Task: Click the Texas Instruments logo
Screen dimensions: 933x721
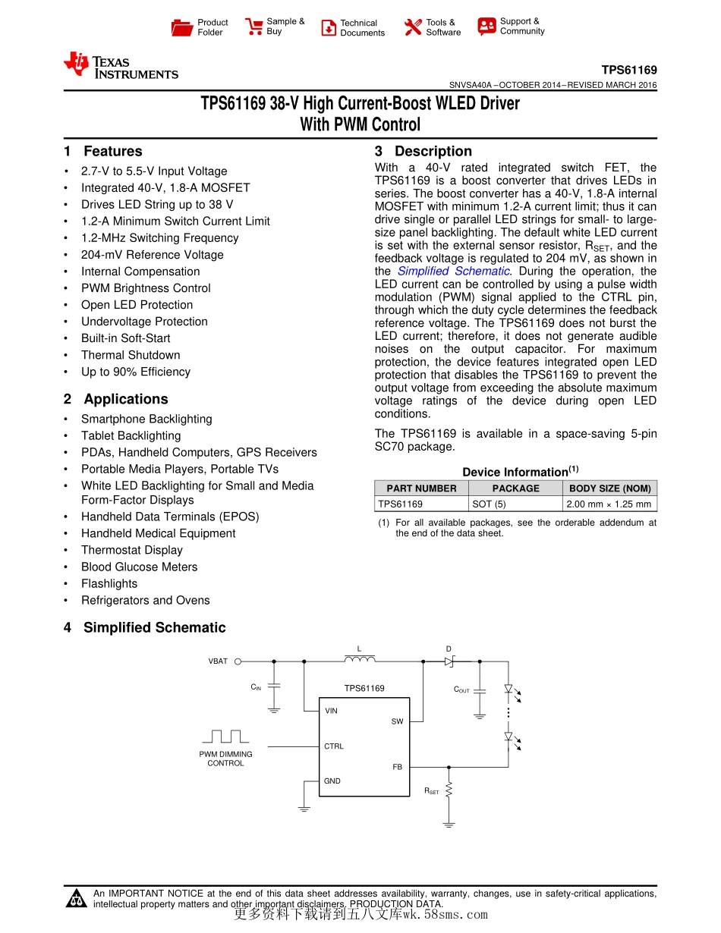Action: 121,65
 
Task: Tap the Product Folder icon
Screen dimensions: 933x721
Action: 182,28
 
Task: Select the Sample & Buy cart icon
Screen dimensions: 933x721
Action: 253,27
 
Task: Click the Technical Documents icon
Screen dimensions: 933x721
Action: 329,28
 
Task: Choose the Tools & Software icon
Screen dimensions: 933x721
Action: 413,27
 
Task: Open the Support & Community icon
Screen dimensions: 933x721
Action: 486,27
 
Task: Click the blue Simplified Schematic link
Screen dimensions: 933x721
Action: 454,272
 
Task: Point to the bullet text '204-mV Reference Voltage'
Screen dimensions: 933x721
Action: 153,255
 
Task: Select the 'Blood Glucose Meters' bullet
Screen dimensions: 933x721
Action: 140,567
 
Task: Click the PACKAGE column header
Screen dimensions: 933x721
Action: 515,488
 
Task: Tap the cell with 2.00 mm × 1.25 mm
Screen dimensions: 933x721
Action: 609,504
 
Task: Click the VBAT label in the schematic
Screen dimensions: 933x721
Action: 218,661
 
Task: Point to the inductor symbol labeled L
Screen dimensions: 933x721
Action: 359,659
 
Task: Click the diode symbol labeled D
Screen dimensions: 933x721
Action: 449,661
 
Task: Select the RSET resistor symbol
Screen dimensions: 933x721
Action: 449,790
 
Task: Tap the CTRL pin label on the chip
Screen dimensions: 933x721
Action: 334,746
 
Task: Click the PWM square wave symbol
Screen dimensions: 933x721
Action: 225,737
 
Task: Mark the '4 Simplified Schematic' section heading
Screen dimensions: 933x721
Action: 145,628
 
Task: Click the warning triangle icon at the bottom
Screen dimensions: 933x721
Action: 77,900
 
